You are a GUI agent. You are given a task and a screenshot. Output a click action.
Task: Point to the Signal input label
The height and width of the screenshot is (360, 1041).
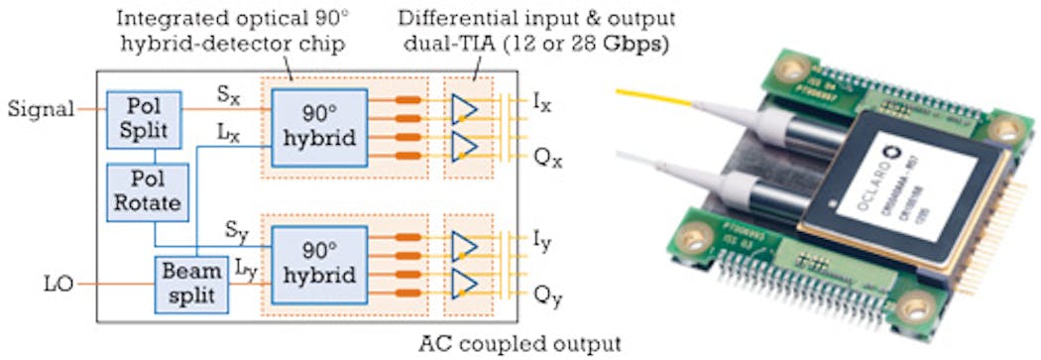[x=40, y=109]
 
